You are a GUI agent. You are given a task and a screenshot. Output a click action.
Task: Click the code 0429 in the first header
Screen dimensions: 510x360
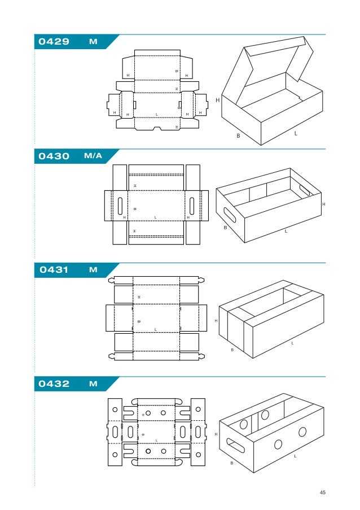(54, 42)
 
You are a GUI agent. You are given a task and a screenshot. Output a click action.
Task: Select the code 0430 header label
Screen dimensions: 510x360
(54, 156)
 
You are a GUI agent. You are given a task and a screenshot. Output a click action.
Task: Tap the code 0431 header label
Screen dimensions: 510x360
(54, 270)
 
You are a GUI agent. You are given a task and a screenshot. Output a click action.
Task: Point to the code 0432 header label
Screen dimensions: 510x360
(54, 384)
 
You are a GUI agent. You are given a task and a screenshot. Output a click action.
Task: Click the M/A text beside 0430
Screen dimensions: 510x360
(93, 156)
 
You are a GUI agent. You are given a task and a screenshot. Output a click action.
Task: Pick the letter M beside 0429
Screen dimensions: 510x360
(93, 42)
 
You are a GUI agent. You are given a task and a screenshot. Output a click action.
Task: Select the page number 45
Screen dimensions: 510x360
(323, 492)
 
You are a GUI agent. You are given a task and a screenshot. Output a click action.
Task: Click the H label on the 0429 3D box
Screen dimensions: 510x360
(217, 100)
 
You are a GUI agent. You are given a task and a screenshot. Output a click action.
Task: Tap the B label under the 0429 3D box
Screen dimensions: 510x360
(238, 136)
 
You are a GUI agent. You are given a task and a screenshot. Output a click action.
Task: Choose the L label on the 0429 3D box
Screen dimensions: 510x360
(296, 134)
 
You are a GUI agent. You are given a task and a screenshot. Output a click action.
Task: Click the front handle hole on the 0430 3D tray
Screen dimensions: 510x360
(230, 215)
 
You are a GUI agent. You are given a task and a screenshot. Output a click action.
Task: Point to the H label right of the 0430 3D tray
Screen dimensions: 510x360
(323, 204)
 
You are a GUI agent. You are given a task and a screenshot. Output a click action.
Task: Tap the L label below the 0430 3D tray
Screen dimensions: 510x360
(286, 231)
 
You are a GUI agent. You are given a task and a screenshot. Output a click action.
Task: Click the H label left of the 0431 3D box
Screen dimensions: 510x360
(216, 321)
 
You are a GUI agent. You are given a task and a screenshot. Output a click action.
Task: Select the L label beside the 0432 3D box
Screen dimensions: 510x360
(295, 456)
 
